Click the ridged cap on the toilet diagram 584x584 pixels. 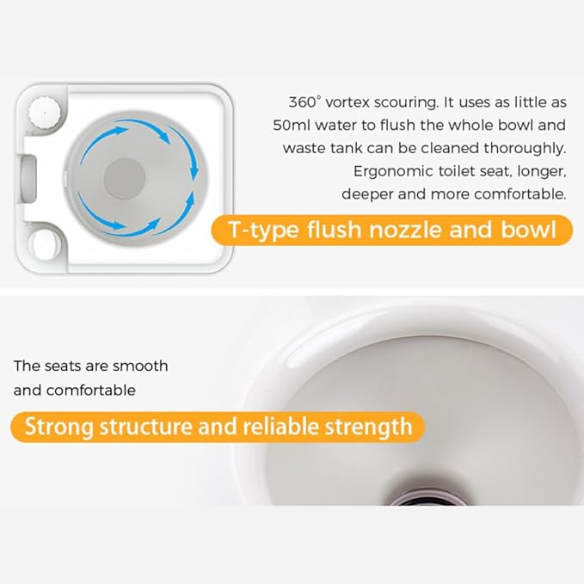point(45,112)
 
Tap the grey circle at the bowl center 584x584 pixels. point(125,178)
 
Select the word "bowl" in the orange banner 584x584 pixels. point(528,229)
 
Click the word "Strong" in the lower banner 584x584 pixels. point(58,427)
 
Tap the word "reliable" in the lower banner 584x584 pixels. point(281,426)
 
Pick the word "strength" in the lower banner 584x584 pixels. point(369,427)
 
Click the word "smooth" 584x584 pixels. point(140,366)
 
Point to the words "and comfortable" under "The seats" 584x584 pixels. point(75,390)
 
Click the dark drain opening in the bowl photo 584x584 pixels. point(427,501)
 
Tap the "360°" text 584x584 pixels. point(304,102)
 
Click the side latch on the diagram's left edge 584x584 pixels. point(27,180)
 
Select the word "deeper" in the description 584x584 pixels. point(367,194)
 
